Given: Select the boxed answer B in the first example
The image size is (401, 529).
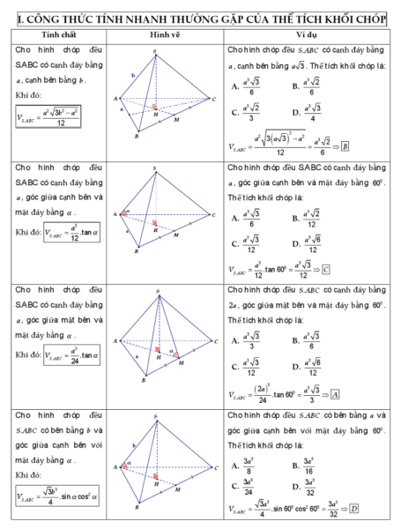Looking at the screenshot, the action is (346, 146).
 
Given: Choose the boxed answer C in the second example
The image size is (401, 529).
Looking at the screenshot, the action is (327, 269).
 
